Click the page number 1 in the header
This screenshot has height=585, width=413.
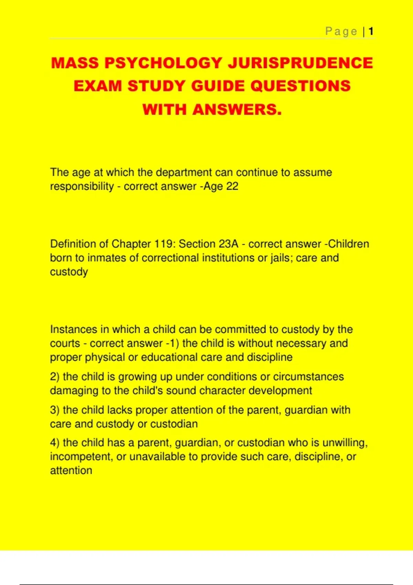(371, 32)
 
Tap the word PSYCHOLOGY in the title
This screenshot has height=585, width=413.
(163, 63)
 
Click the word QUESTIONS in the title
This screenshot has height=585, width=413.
(300, 86)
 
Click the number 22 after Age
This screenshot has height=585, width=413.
(232, 186)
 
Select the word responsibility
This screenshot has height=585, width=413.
(82, 187)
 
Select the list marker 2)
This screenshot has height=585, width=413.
(55, 376)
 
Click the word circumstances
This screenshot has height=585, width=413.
(308, 376)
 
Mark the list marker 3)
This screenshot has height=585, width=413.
(55, 410)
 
